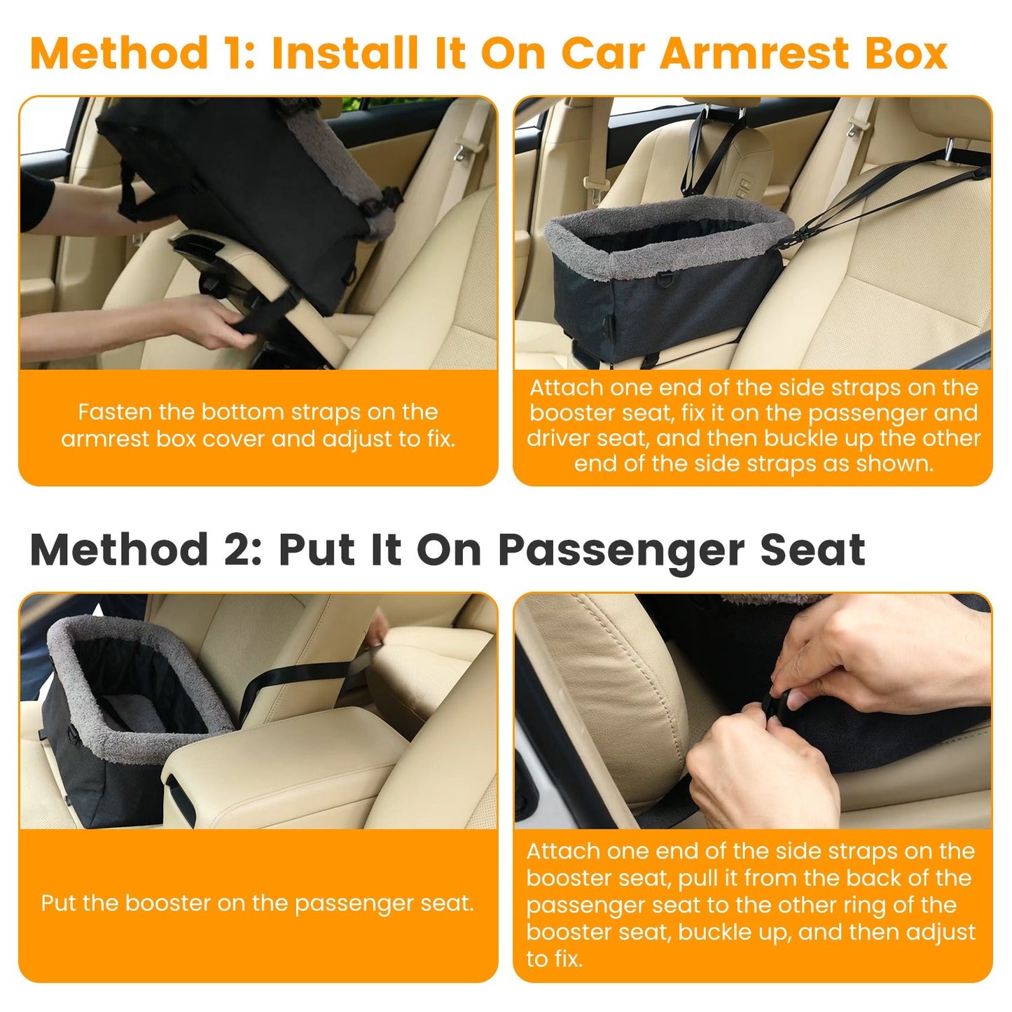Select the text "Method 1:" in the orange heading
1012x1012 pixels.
point(144,54)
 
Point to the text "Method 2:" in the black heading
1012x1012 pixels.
point(146,550)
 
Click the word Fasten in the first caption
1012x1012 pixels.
point(114,412)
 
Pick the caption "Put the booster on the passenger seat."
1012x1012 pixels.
point(257,903)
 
